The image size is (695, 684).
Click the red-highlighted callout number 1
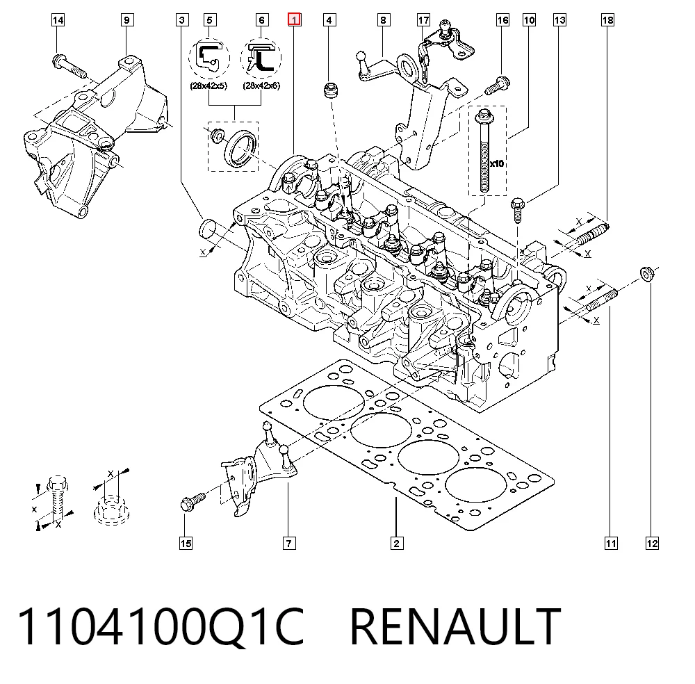click(294, 19)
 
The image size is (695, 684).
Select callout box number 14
click(58, 20)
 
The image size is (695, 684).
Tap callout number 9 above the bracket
click(126, 20)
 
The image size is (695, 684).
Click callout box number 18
click(607, 20)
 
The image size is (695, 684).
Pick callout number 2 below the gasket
click(397, 544)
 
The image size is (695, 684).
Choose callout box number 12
click(652, 544)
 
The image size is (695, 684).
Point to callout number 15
click(186, 544)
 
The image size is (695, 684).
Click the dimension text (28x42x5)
click(208, 85)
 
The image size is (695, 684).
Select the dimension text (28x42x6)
click(261, 85)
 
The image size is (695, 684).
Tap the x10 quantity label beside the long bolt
click(497, 163)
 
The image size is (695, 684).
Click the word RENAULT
click(455, 627)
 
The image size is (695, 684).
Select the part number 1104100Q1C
click(161, 627)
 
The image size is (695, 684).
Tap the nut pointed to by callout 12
click(647, 273)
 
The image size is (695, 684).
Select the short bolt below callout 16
click(498, 86)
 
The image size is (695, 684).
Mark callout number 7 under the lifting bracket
click(289, 544)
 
